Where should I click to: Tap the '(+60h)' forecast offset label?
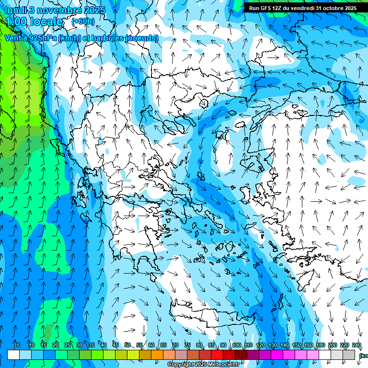coord(83,22)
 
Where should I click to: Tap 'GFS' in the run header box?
coord(272,8)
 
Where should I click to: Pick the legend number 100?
coord(237,345)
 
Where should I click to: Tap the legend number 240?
coord(356,345)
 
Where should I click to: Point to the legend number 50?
coord(127,345)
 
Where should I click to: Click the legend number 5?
coord(18,345)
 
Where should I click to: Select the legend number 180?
coord(321,345)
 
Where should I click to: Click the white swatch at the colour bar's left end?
coord(13,355)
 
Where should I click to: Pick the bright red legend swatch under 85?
coord(217,355)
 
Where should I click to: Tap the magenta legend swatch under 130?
coord(277,355)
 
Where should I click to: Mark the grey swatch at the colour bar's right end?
coord(349,355)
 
